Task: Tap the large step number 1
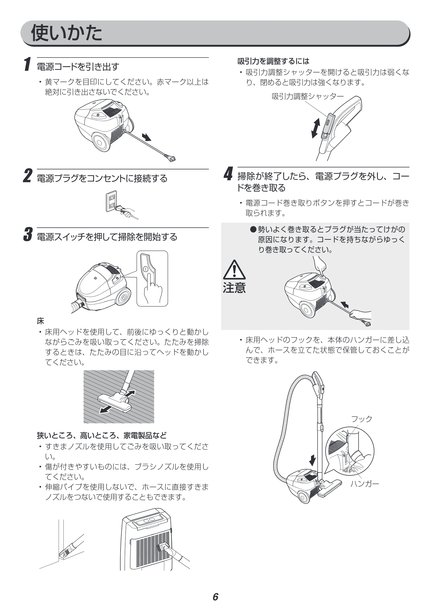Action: pyautogui.click(x=27, y=64)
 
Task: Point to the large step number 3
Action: pyautogui.click(x=28, y=234)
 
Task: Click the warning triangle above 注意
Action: pyautogui.click(x=234, y=270)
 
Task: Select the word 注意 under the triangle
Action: pyautogui.click(x=234, y=288)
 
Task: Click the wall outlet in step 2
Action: pyautogui.click(x=111, y=201)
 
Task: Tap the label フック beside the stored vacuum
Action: pyautogui.click(x=362, y=419)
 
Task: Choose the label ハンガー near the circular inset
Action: pyautogui.click(x=365, y=484)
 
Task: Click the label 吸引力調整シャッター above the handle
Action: pyautogui.click(x=308, y=96)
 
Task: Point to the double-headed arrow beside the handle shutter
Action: pyautogui.click(x=316, y=128)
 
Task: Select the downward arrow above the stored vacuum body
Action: pyautogui.click(x=313, y=460)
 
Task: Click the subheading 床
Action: pyautogui.click(x=40, y=321)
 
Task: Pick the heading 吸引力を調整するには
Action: pyautogui.click(x=273, y=61)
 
